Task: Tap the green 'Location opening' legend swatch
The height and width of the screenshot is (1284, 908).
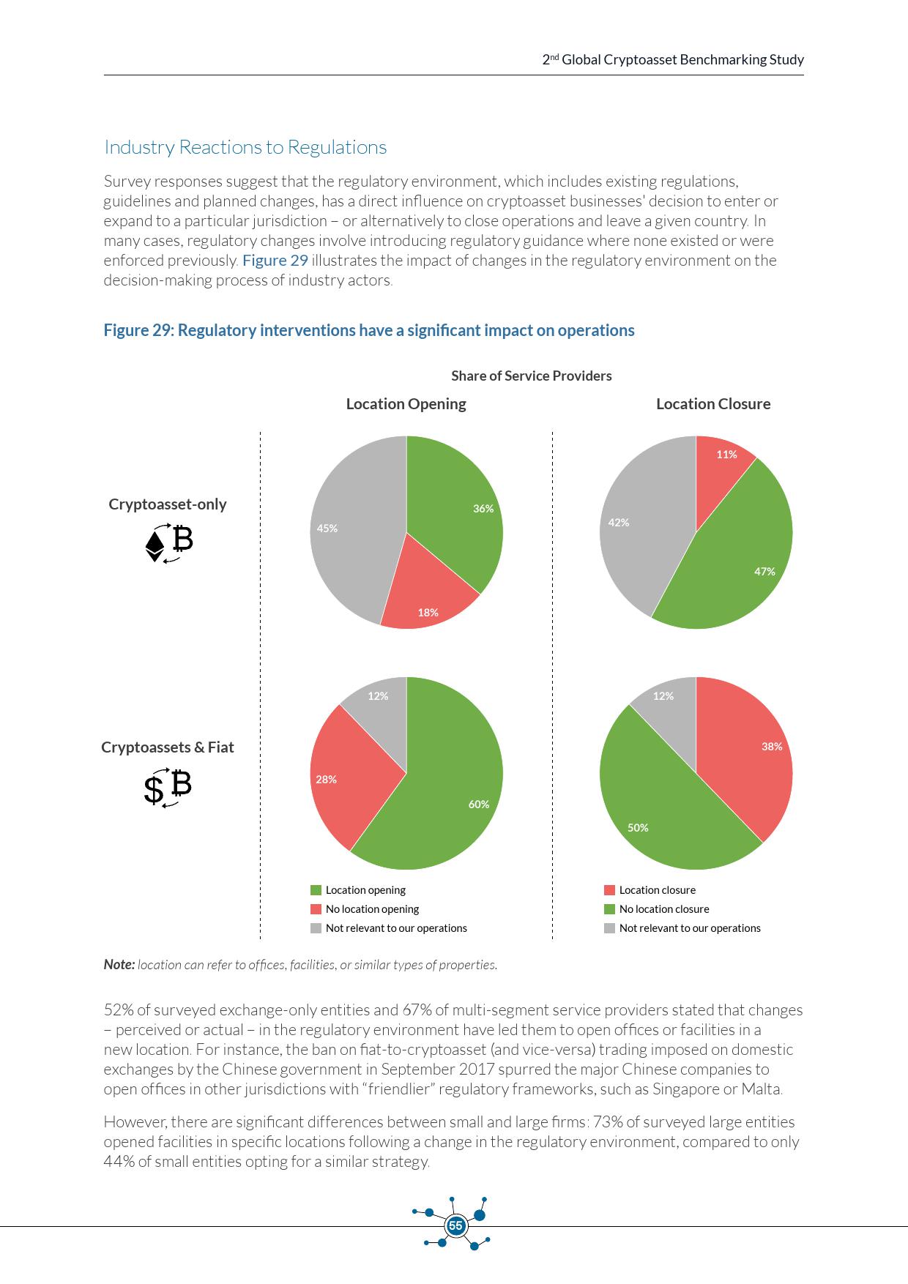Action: pos(316,890)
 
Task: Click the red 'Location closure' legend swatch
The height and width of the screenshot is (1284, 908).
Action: pos(609,890)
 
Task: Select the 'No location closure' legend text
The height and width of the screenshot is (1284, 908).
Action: pos(664,909)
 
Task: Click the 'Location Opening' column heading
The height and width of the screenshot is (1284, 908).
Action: pos(406,404)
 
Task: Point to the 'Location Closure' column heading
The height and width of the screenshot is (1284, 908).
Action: pos(713,404)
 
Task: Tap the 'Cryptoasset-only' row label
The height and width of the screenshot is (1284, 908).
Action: pos(168,504)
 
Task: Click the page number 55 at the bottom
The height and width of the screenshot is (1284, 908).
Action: pos(455,1225)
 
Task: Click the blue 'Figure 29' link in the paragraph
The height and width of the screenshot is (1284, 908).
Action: pos(275,261)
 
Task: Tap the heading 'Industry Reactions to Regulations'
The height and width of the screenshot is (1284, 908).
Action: pos(245,147)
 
